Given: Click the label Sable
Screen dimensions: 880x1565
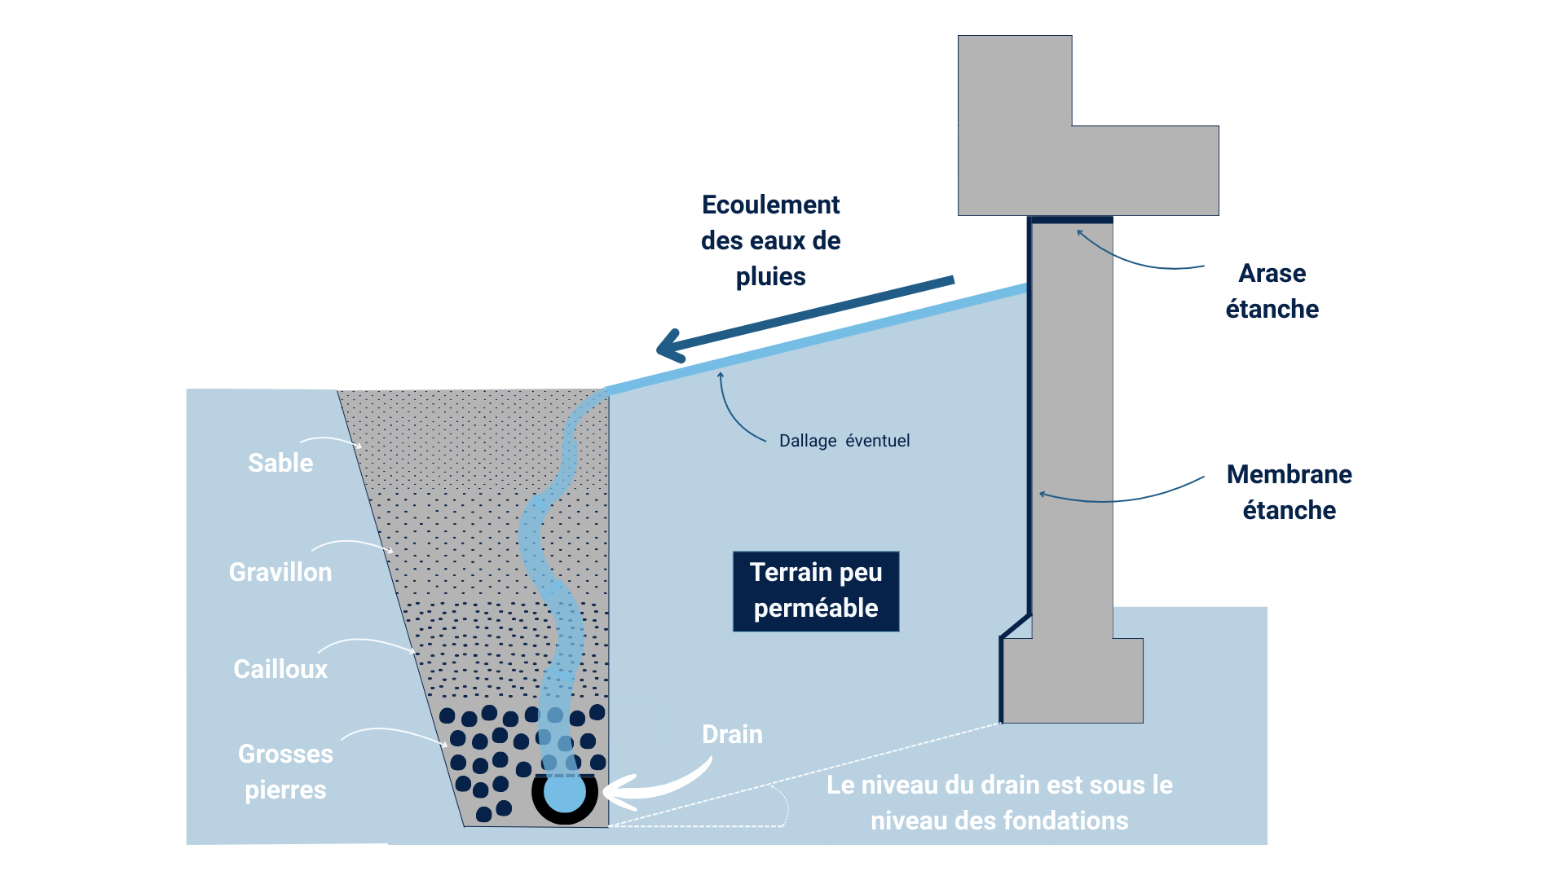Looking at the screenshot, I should (280, 463).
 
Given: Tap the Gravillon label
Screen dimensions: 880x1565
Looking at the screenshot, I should (280, 572).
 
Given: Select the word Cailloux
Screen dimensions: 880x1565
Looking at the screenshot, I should (280, 669).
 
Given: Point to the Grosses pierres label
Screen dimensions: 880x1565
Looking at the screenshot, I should (285, 772).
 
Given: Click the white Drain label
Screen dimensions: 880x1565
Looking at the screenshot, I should (732, 734).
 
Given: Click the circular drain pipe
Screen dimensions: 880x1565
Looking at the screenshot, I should (564, 793).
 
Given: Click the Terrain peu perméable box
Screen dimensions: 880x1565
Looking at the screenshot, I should (815, 591).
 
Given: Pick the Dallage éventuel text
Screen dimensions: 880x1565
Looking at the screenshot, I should (844, 441).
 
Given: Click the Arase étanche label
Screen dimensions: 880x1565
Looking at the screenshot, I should (1272, 291).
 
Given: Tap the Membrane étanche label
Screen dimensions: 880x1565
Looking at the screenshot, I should (1289, 492).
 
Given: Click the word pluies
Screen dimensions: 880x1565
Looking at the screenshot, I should (770, 277).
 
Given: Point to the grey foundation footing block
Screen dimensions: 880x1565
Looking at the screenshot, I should (1072, 680).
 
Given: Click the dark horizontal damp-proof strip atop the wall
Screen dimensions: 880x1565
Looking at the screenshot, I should (1070, 219).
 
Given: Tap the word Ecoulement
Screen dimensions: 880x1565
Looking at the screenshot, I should (770, 205).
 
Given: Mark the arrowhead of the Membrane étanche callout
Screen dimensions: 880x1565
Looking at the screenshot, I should (1042, 494).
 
